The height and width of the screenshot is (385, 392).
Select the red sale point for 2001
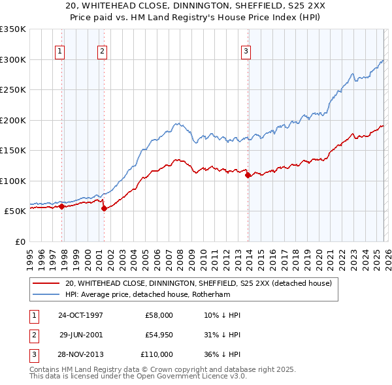(x=105, y=208)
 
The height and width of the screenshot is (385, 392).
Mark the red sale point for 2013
(x=248, y=175)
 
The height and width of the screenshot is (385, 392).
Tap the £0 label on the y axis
(x=20, y=241)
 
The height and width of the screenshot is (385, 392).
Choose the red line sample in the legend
(x=46, y=284)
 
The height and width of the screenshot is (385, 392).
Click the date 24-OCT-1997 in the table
(x=80, y=315)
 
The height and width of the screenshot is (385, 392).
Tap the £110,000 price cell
(x=157, y=354)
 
